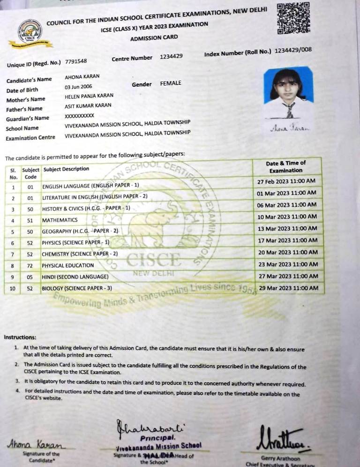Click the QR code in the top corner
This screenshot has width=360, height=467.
[x=293, y=18]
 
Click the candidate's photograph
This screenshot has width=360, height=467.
[x=288, y=93]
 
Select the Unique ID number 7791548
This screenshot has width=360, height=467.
[x=75, y=61]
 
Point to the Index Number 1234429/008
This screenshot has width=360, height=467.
[x=293, y=51]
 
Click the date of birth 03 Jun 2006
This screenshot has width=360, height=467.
[x=78, y=87]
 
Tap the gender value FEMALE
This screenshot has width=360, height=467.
[x=171, y=83]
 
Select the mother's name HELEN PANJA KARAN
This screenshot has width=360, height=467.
[x=89, y=96]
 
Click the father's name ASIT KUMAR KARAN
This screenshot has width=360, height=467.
[x=88, y=106]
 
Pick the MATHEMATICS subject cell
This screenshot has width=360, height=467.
[x=60, y=220]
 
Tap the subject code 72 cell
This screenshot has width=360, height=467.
[x=30, y=265]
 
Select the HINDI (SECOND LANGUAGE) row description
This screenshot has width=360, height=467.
[x=75, y=277]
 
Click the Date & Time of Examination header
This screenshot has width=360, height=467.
[x=285, y=166]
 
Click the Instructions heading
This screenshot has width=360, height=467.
[x=20, y=337]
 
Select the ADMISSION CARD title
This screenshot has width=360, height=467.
[x=154, y=38]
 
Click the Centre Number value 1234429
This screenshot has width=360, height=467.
[x=171, y=57]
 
